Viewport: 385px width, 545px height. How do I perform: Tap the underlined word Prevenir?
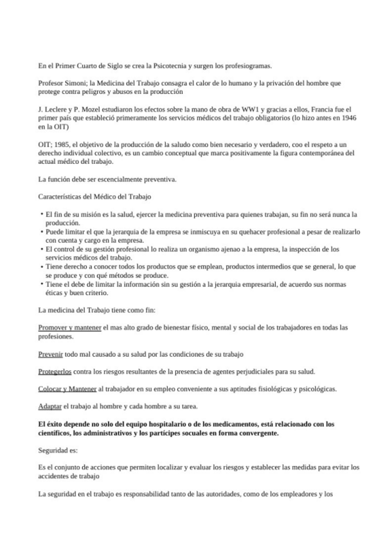pos(51,354)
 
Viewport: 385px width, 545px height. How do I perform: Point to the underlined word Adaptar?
pos(50,407)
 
